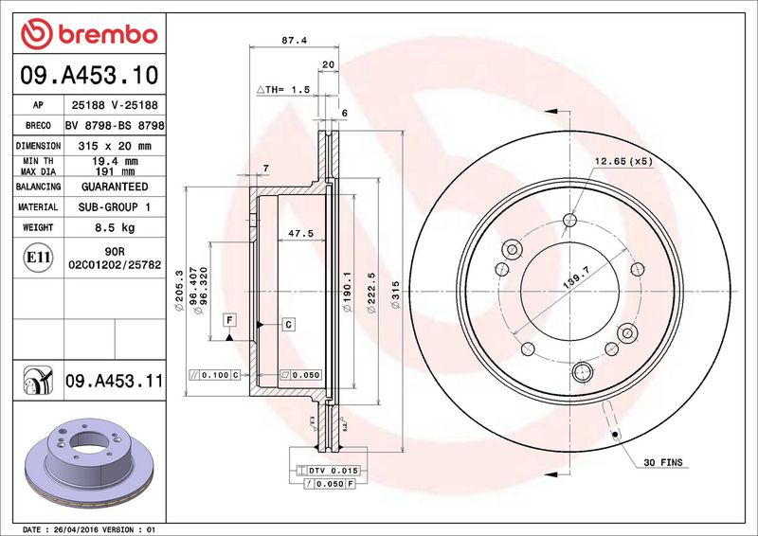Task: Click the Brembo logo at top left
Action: click(x=89, y=34)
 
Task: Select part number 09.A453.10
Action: click(x=89, y=76)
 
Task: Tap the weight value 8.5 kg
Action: click(x=115, y=227)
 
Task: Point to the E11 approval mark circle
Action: click(x=38, y=258)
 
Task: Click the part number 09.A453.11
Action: click(x=115, y=381)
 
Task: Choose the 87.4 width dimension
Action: click(x=294, y=41)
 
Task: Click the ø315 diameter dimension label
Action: click(x=395, y=295)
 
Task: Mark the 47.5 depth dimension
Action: click(x=300, y=234)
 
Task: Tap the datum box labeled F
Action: click(x=229, y=320)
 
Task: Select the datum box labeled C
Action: click(x=289, y=324)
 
